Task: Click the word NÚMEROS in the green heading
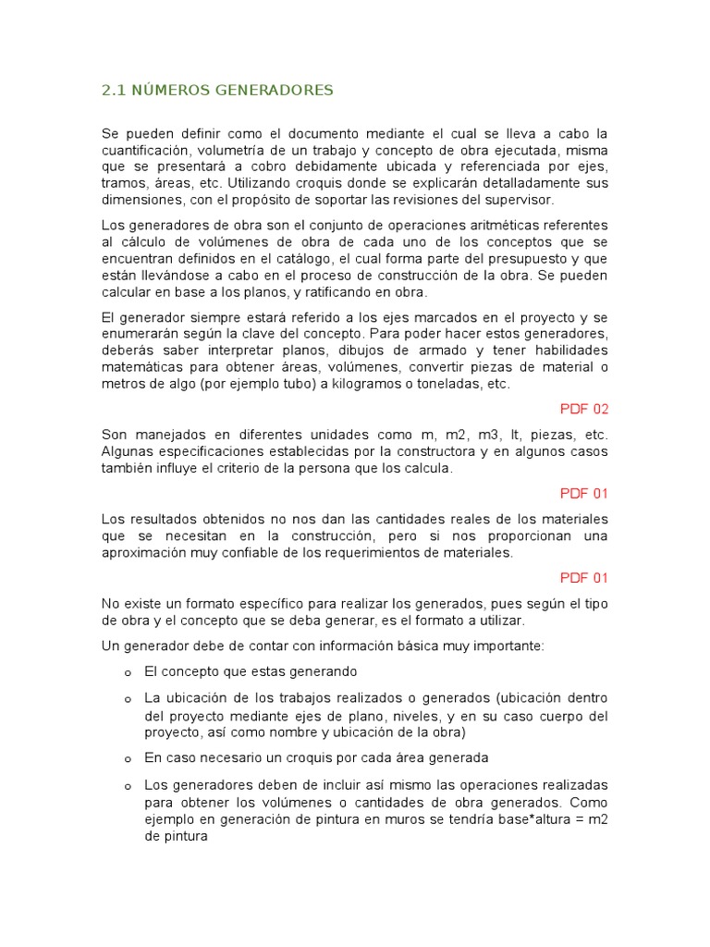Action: point(169,90)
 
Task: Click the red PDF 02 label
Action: point(584,409)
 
